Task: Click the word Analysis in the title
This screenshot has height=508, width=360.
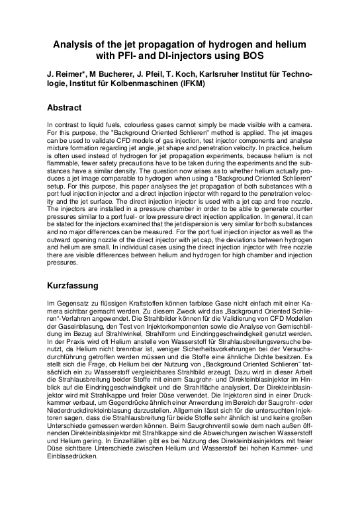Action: pos(75,44)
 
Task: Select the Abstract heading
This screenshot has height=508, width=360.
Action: pos(64,107)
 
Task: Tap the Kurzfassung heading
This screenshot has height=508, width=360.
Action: pos(73,286)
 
